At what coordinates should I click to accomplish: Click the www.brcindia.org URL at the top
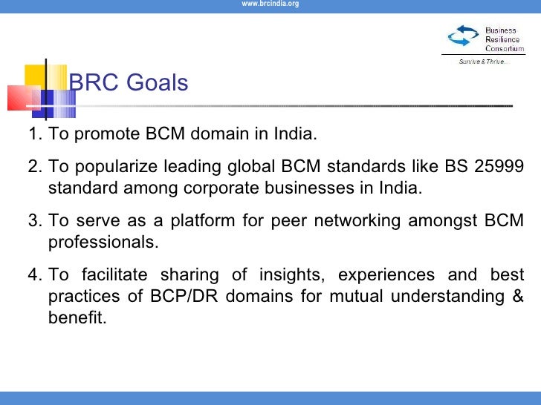point(270,4)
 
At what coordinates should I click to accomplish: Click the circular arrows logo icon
point(464,36)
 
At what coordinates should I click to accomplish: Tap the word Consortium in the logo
point(505,48)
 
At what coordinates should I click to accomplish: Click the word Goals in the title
point(157,83)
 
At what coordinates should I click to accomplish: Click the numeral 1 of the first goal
point(33,136)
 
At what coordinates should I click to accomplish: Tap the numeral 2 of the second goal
point(33,166)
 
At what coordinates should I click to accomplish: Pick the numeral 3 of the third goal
point(33,220)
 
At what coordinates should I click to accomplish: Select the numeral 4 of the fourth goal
point(33,275)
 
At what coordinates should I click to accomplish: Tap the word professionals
point(103,243)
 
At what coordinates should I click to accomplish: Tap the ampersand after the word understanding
point(516,297)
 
